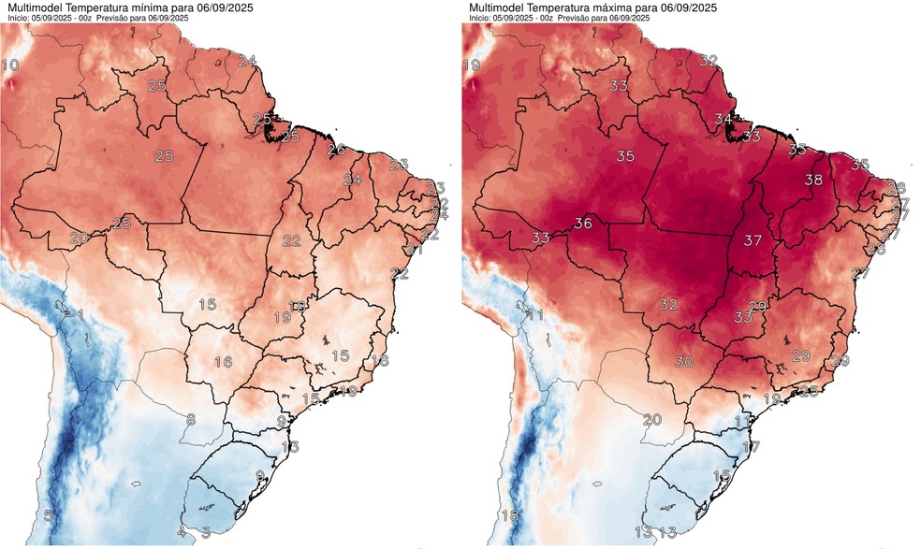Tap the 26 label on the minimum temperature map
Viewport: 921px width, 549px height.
(x=336, y=150)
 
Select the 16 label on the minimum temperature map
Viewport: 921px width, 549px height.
(x=223, y=362)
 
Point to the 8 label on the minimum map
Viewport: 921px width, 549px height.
(x=190, y=420)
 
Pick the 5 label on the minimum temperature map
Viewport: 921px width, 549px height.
(x=48, y=516)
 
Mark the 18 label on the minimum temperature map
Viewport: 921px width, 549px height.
(x=379, y=361)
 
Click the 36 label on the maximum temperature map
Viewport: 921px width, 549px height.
(x=583, y=224)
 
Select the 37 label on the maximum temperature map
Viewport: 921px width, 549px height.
(x=751, y=240)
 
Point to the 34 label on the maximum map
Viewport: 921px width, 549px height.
(x=723, y=120)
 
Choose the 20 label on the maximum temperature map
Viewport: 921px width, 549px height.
(x=651, y=420)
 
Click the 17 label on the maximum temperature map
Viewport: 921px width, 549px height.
(x=751, y=447)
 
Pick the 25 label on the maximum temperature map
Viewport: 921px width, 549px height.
(x=809, y=390)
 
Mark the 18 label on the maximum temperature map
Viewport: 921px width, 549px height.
(x=509, y=516)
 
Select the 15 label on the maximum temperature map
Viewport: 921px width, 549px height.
(x=721, y=476)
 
